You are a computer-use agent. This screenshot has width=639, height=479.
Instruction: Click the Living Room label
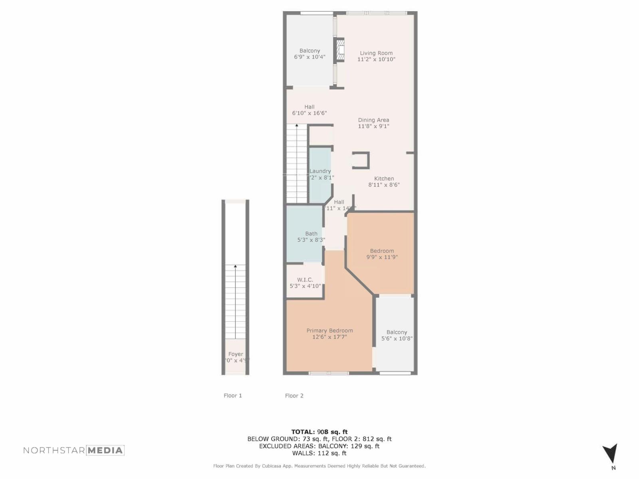(376, 53)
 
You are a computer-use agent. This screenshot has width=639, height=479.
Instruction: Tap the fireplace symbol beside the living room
(340, 50)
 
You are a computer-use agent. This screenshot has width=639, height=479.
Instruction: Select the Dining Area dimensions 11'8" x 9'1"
(373, 126)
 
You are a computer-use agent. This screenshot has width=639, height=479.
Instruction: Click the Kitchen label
(384, 178)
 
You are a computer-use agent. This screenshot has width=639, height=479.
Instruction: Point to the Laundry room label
(320, 171)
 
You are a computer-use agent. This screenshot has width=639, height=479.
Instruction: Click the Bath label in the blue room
(311, 234)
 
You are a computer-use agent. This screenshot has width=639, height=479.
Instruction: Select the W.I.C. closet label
(305, 279)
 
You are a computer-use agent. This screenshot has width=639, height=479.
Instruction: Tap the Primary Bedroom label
(329, 331)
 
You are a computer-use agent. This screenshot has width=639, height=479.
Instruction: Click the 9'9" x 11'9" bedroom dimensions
(382, 257)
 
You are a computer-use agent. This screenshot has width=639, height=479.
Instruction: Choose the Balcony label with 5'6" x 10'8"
(397, 332)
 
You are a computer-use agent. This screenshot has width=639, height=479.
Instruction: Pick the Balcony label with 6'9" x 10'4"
(310, 51)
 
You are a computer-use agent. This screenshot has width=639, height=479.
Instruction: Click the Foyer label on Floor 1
(236, 354)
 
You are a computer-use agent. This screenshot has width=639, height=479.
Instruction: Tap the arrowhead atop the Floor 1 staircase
(235, 266)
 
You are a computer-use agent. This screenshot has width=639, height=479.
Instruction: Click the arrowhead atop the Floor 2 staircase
(297, 125)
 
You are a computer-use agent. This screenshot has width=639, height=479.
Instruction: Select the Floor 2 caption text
(294, 396)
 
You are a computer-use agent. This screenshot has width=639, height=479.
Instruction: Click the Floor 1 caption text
(233, 396)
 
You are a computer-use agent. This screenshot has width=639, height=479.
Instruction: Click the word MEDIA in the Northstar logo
(105, 450)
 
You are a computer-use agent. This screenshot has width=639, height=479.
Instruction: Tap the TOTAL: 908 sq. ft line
(319, 431)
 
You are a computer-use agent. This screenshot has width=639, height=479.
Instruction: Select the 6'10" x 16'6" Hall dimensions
(310, 113)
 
